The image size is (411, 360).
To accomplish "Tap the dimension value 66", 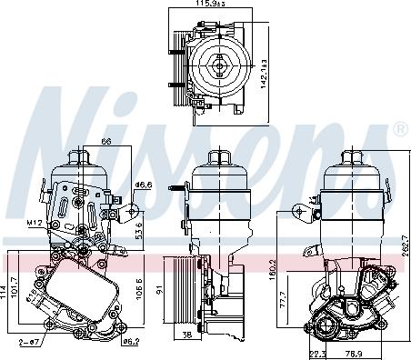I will coord(105,142).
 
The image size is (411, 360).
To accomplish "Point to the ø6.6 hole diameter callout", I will coord(142,185).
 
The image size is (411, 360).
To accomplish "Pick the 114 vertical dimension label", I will coord(5,292).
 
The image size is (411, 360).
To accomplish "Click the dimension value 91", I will coord(159,291).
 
